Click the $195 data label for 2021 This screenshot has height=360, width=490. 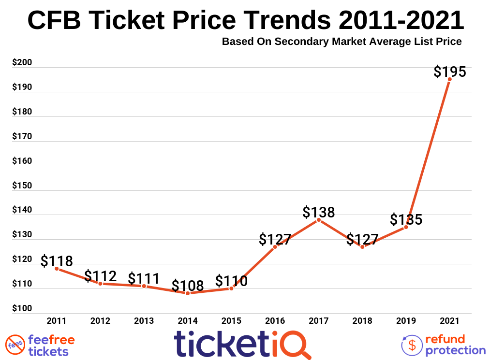tap(449, 72)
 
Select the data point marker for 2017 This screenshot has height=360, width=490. tap(319, 220)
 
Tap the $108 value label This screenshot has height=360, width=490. tap(188, 286)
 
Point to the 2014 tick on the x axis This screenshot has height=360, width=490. tap(188, 321)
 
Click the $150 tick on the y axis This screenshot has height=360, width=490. tap(22, 186)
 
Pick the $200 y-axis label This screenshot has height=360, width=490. tap(22, 63)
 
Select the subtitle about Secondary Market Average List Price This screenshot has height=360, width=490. tap(342, 42)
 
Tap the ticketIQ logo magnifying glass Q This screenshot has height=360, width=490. tap(295, 344)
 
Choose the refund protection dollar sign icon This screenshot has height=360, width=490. tap(412, 345)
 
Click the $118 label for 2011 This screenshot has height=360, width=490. tap(57, 261)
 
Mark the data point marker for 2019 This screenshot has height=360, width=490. tap(406, 227)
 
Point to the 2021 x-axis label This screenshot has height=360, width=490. tap(449, 321)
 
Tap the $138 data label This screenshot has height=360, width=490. tap(319, 212)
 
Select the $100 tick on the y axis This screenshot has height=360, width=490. tap(22, 309)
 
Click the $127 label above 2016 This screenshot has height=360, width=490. tap(275, 239)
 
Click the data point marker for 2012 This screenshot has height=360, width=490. tap(100, 283)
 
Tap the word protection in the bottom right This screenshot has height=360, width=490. tap(455, 350)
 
